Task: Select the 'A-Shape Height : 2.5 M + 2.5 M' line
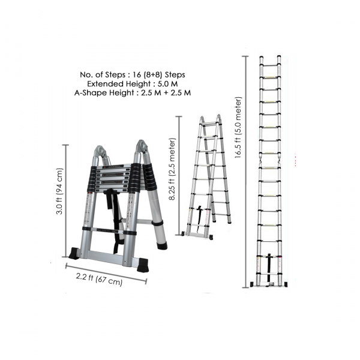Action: pos(133,93)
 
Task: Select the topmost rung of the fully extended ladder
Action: pos(271,62)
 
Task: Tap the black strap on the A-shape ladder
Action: pos(200,217)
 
